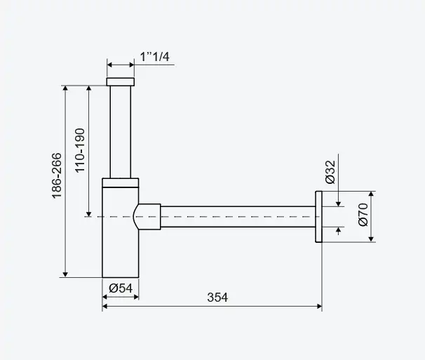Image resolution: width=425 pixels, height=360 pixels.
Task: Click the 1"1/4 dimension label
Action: point(154,57)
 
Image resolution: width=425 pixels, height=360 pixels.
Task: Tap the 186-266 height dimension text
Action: point(57,176)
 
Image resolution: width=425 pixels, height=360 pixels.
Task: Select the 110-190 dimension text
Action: point(80,150)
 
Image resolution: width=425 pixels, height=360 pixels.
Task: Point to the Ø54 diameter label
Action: point(121,288)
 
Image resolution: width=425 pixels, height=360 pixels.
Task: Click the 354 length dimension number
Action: point(217,298)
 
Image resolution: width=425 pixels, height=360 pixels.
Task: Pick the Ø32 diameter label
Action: point(330,172)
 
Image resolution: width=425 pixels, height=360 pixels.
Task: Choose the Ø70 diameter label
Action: point(363,214)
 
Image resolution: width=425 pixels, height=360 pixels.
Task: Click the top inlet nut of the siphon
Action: point(121,81)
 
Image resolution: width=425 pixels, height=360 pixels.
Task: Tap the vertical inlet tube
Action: point(121,132)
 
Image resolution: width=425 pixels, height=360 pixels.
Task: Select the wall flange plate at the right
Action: point(318,216)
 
